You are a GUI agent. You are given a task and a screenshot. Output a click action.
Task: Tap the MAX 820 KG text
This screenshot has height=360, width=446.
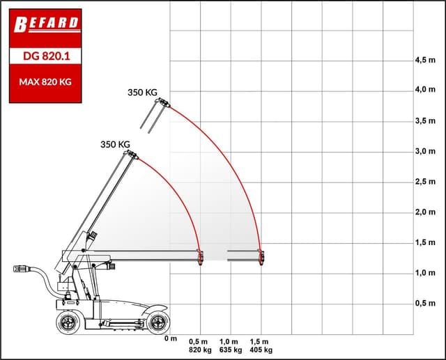45,82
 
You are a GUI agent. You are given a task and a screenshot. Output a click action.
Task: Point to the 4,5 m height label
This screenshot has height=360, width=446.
425,60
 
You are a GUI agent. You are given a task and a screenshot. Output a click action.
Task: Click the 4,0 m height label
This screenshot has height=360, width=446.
425,90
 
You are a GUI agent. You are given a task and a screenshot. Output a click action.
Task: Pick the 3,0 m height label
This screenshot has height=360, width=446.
425,151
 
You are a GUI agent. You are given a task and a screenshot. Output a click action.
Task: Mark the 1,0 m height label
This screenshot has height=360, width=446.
425,273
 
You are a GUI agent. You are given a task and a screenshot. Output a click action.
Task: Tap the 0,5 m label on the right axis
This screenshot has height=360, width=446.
425,304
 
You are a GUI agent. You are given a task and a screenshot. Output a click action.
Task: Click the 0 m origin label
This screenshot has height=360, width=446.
171,339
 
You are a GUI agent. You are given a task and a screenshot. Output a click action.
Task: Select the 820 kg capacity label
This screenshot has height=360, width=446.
199,350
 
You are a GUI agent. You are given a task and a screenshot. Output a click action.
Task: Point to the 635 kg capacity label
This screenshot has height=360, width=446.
229,350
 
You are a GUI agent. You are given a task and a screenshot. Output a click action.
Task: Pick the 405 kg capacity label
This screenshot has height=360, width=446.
261,350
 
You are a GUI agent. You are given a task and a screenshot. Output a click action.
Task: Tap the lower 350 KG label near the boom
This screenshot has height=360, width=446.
116,145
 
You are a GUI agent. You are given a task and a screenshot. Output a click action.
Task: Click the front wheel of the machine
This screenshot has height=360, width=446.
159,321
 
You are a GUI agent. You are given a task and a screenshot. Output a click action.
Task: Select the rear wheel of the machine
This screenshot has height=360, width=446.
68,322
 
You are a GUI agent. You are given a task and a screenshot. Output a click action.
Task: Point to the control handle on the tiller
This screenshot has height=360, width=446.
23,268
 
